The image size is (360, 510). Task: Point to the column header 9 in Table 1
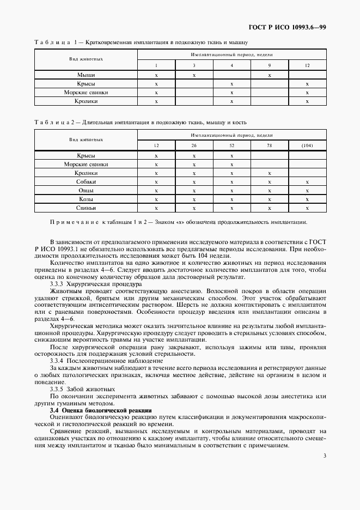270,65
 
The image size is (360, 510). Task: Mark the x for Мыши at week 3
194,75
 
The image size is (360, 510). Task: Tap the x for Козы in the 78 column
270,199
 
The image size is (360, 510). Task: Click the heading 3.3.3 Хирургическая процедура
95,284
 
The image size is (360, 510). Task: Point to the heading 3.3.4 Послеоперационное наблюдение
106,360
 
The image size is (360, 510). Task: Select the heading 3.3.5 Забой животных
82,389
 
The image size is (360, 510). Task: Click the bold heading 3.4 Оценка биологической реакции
101,410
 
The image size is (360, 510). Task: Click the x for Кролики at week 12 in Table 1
307,101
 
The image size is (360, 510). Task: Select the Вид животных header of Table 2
86,139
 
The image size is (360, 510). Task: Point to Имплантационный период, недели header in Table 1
231,55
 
